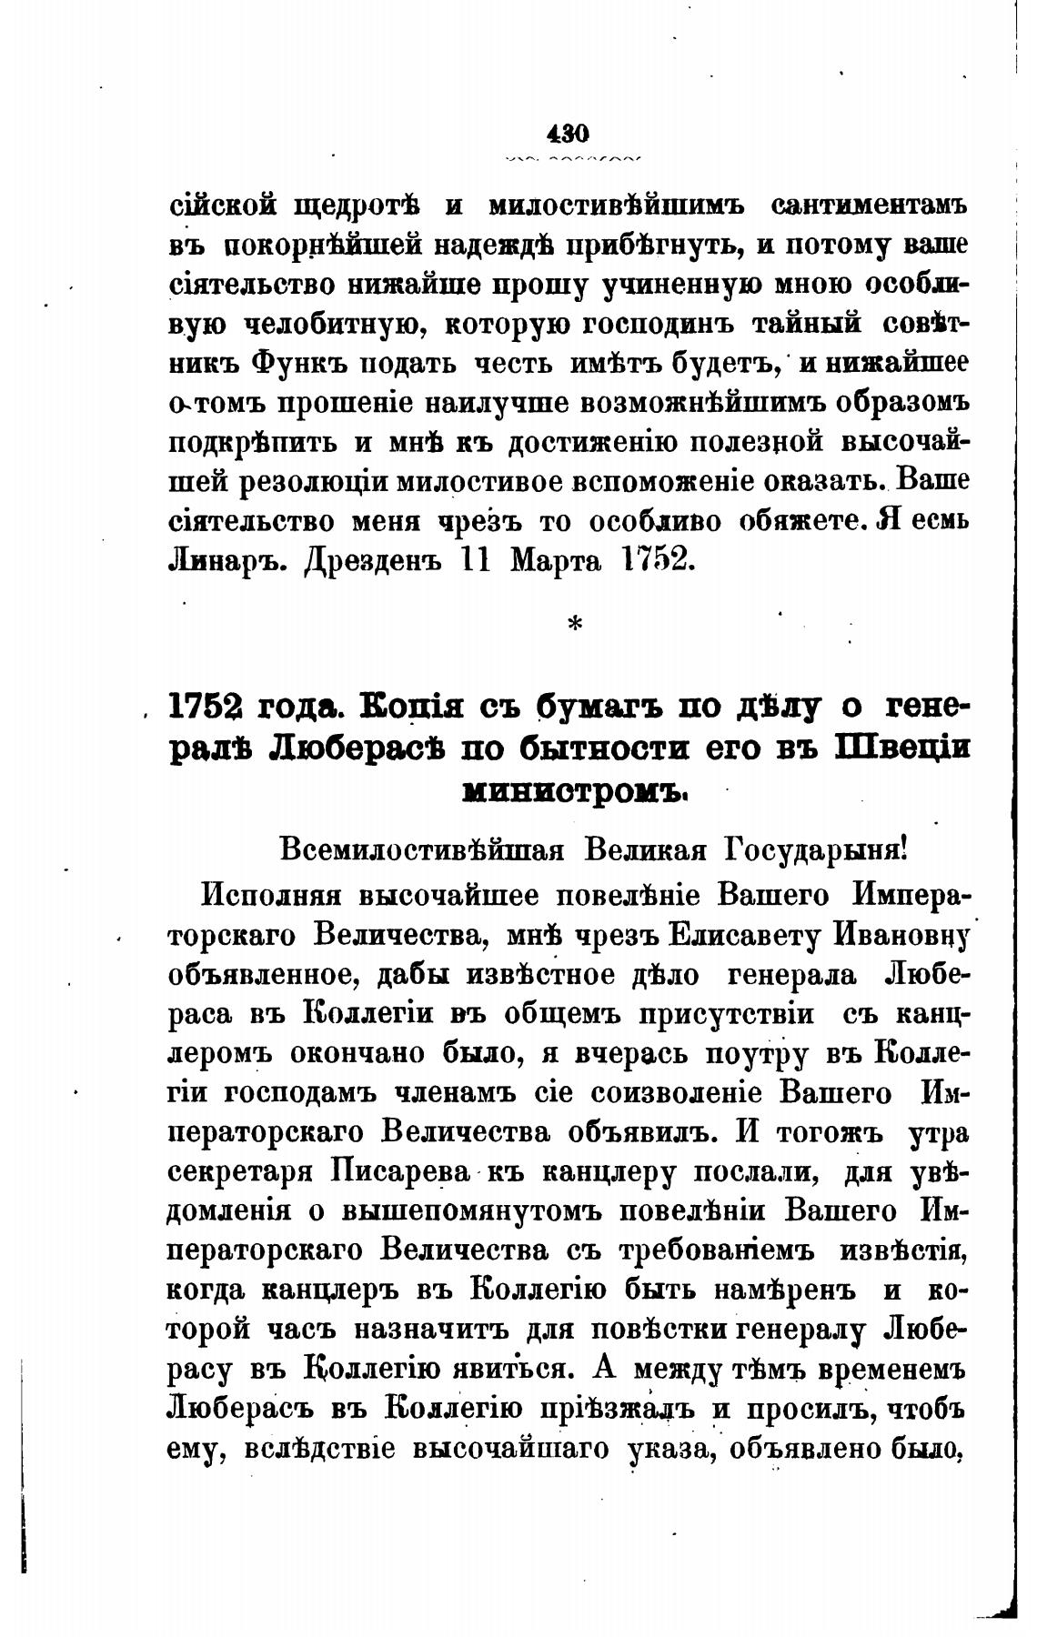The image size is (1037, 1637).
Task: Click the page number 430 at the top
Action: pyautogui.click(x=569, y=133)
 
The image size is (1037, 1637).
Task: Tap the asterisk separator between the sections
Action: pyautogui.click(x=574, y=624)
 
